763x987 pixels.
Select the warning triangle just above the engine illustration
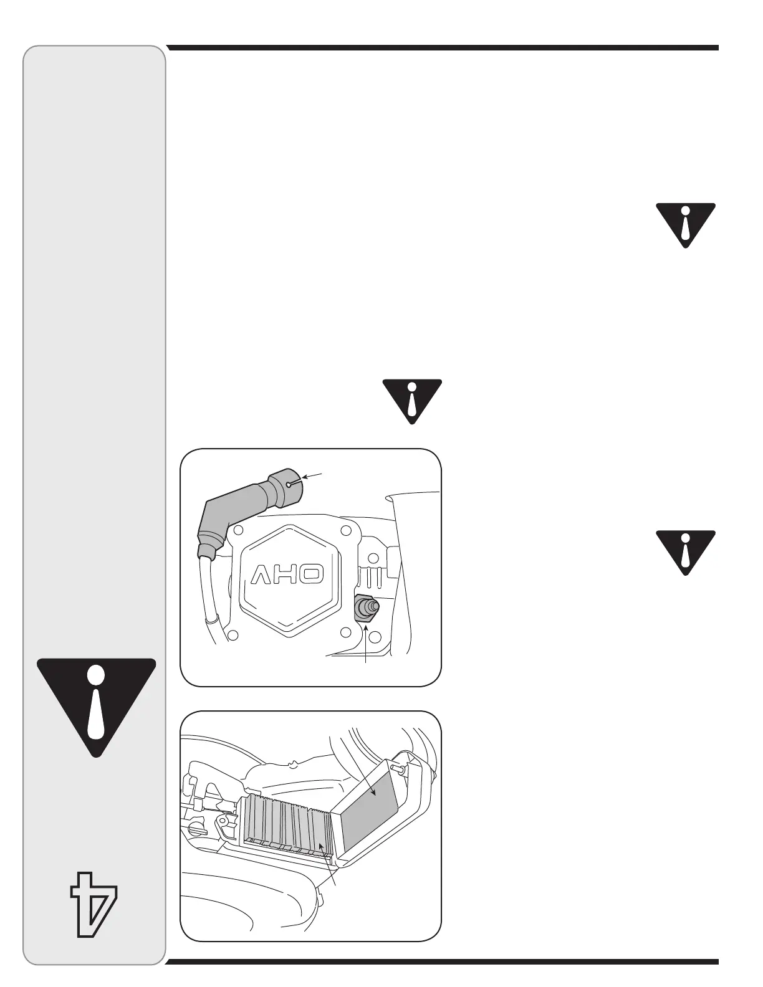point(411,399)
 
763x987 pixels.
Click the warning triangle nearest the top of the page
point(685,224)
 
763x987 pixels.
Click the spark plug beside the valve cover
point(365,607)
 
